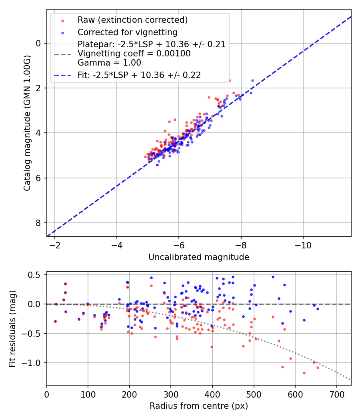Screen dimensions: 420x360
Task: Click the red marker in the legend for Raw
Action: pos(62,20)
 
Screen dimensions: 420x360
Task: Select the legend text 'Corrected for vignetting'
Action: pos(127,32)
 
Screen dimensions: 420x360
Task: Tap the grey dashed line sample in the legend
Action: pos(62,54)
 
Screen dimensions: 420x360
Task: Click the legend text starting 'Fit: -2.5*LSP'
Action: pos(139,75)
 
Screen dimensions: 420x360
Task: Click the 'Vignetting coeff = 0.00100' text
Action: pos(134,54)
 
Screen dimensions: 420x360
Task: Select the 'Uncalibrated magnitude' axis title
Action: pos(199,257)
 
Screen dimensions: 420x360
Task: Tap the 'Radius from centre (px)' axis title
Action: pos(199,406)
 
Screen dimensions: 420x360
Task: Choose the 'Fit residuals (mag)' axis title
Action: pos(12,328)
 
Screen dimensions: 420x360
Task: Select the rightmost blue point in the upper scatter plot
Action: pos(252,80)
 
